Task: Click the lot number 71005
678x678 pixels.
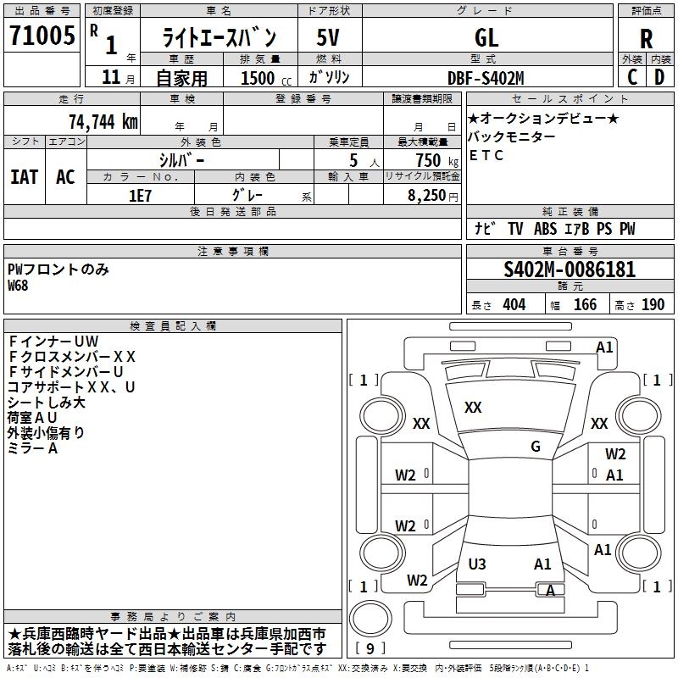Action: coord(42,35)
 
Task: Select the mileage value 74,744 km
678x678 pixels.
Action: coord(103,122)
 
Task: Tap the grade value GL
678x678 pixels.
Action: coord(486,37)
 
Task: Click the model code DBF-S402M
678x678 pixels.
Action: coord(486,78)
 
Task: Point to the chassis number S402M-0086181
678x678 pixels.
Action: coord(570,270)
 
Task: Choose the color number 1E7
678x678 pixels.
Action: coord(140,196)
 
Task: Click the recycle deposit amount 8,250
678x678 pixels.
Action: coord(426,196)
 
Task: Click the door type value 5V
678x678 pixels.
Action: coord(328,37)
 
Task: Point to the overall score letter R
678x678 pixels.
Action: coord(646,39)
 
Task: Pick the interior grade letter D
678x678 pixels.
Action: coord(659,77)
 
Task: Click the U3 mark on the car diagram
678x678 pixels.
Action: coord(477,564)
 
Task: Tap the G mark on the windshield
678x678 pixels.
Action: coord(536,447)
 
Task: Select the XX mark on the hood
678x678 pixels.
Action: coord(473,408)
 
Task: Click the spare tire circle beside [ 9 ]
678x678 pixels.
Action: coord(370,619)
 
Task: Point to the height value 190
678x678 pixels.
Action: coord(653,305)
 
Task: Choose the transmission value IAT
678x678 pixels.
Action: coord(25,177)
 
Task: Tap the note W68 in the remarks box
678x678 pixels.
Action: coord(18,286)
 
